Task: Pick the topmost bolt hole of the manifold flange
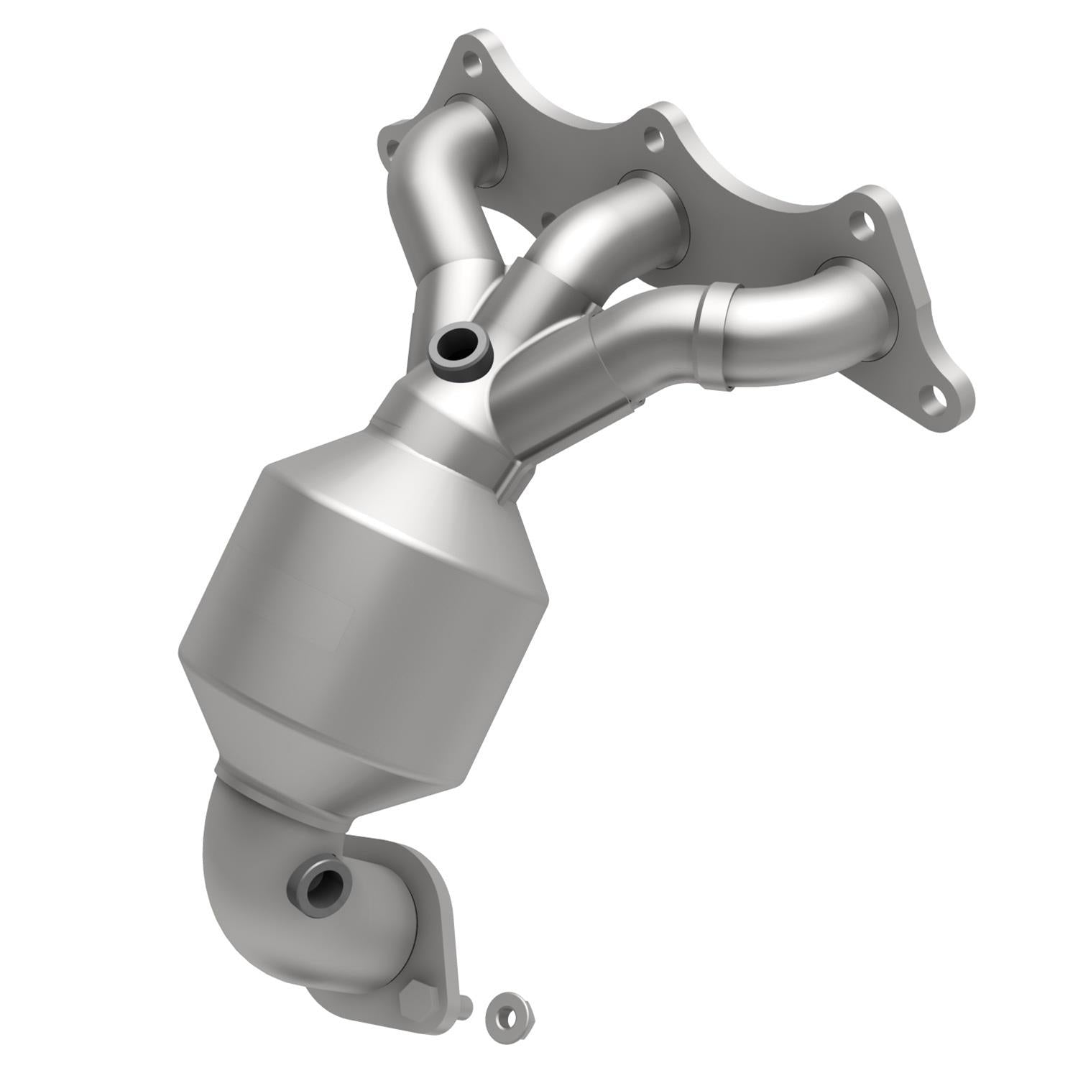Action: click(x=472, y=65)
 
